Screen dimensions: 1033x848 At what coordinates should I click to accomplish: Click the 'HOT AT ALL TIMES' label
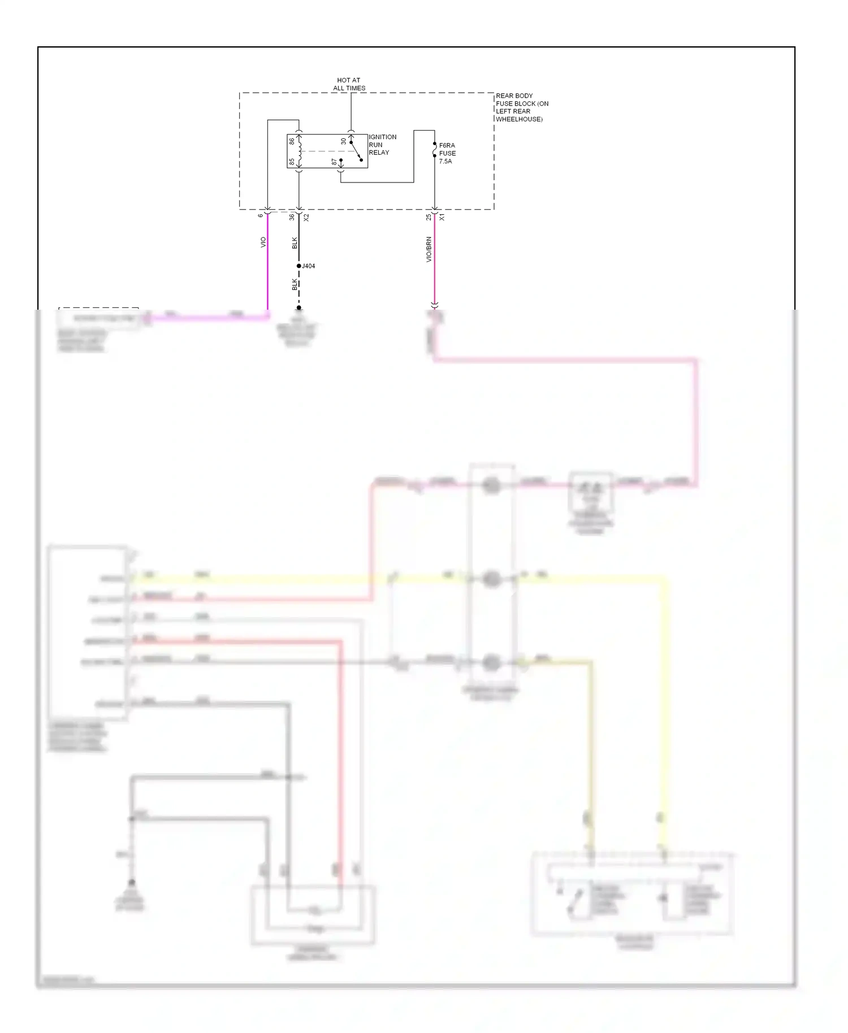[x=349, y=84]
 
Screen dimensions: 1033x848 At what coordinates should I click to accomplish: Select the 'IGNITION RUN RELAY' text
[x=382, y=145]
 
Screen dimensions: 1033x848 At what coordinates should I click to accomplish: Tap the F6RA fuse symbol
[x=434, y=150]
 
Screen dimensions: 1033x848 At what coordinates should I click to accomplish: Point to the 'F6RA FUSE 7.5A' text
[x=447, y=153]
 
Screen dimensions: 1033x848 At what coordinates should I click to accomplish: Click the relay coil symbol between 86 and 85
[x=299, y=151]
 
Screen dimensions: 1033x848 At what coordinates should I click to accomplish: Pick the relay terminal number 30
[x=343, y=141]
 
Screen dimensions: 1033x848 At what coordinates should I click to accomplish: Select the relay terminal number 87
[x=335, y=162]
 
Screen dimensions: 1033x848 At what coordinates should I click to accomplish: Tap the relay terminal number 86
[x=292, y=141]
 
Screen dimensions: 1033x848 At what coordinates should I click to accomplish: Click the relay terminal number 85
[x=292, y=162]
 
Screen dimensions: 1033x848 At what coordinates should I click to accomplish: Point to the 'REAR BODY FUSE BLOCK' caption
[x=521, y=107]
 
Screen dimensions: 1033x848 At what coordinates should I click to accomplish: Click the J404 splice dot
[x=298, y=266]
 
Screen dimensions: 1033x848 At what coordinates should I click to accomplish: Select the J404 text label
[x=309, y=266]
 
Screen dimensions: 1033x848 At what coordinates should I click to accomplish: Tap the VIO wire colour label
[x=263, y=242]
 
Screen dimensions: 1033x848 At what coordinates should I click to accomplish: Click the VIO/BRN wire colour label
[x=429, y=249]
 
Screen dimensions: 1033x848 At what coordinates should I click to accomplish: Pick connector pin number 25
[x=429, y=216]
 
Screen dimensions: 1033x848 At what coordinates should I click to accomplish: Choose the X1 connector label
[x=442, y=216]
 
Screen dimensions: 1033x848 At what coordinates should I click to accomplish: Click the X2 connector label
[x=306, y=216]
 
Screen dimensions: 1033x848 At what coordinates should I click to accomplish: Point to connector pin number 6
[x=261, y=215]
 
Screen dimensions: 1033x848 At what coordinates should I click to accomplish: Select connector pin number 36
[x=292, y=216]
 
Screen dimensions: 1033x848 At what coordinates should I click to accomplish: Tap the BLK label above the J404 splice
[x=295, y=243]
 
